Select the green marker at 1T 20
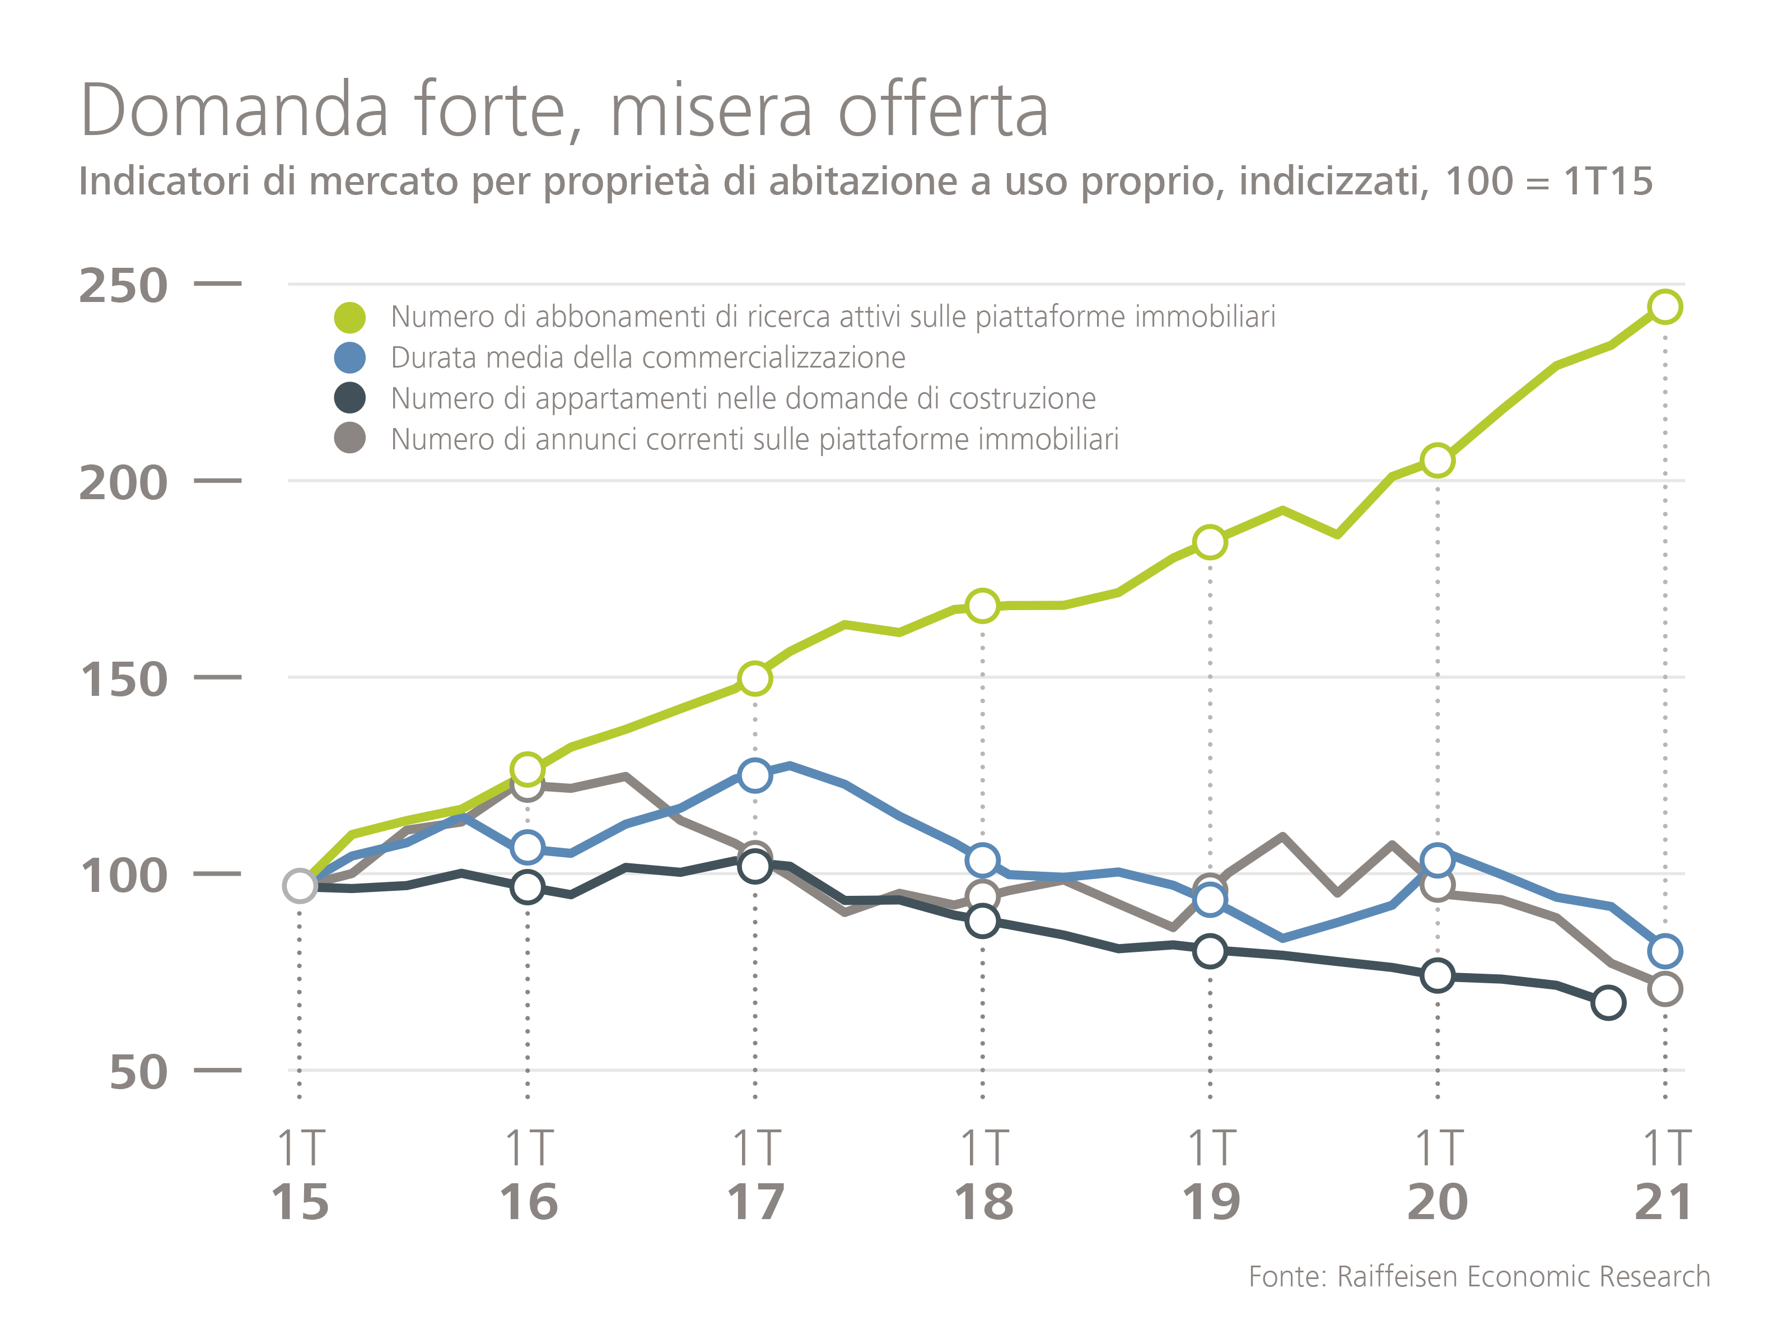click(x=1437, y=461)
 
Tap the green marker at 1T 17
click(x=754, y=678)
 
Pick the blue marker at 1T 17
click(x=754, y=775)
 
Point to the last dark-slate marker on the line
click(x=1608, y=1002)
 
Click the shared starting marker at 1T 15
click(x=300, y=885)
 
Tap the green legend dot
click(x=349, y=318)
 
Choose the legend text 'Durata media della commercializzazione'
click(x=648, y=357)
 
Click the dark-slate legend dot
click(x=349, y=398)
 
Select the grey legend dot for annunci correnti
click(x=349, y=439)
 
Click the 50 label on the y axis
click(x=139, y=1072)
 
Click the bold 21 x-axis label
click(x=1664, y=1202)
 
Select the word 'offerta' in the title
click(x=943, y=111)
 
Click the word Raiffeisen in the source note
click(x=1398, y=1276)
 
